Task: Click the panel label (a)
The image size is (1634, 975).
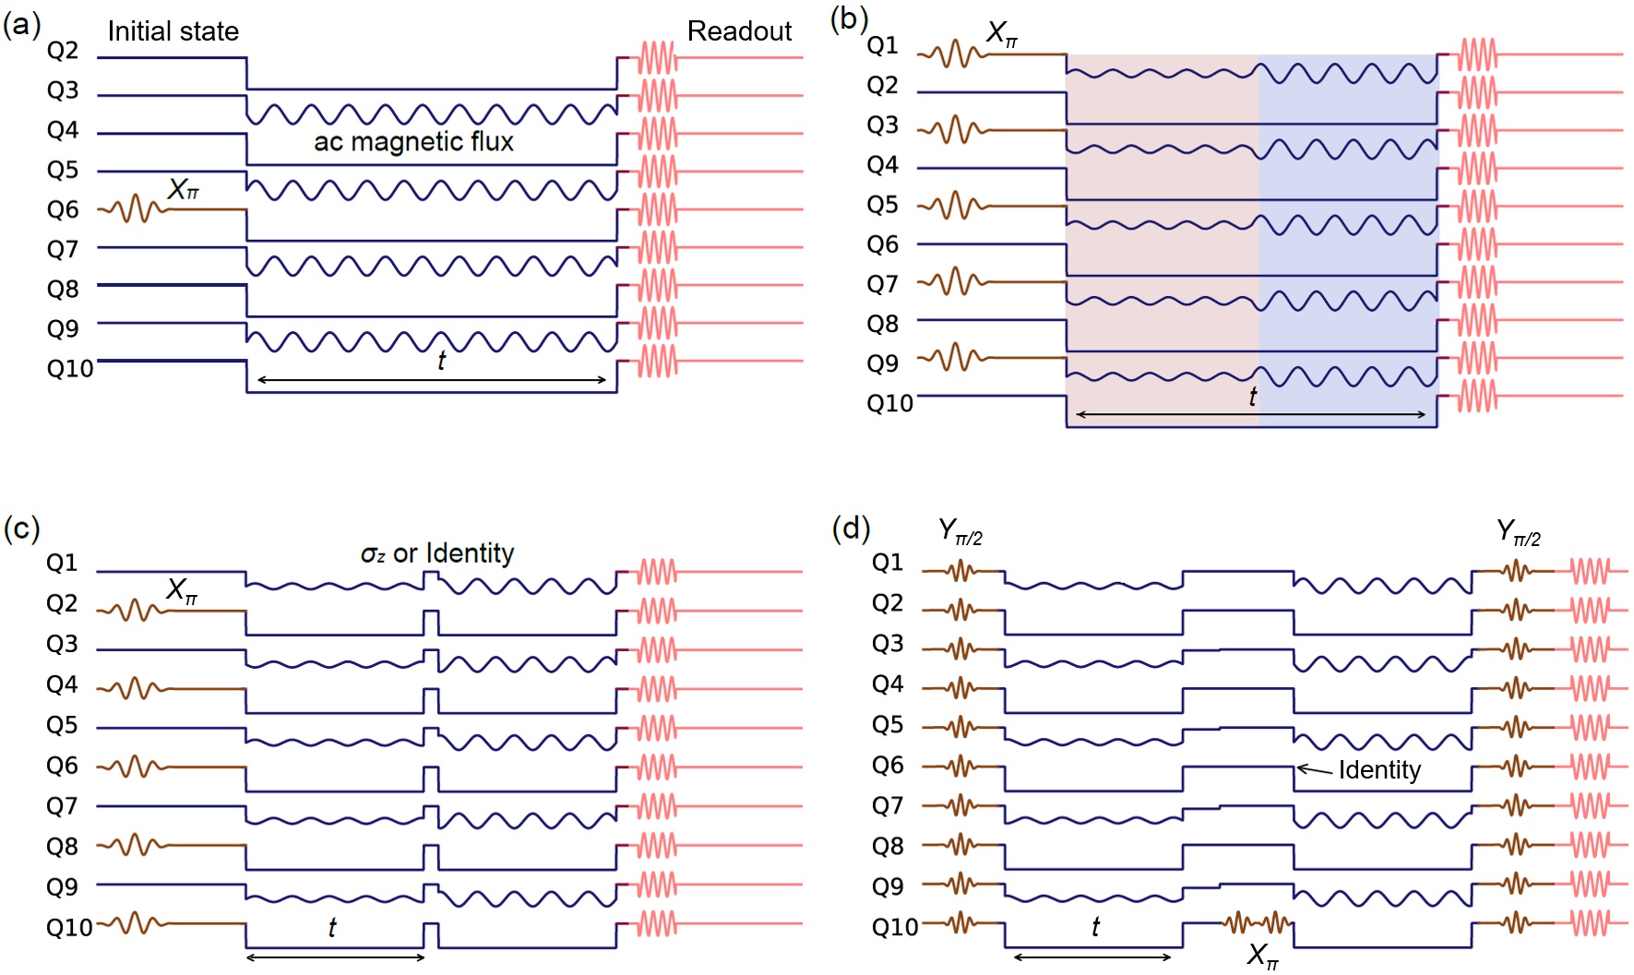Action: [x=21, y=25]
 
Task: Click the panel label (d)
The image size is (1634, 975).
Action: [x=850, y=529]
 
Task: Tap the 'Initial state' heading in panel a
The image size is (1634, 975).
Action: [x=173, y=31]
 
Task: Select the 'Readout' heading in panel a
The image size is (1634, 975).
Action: [x=739, y=31]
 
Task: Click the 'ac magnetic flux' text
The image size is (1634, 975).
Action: [x=413, y=142]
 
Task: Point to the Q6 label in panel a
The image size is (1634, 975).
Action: [x=63, y=210]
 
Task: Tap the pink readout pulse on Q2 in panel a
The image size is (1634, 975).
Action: [x=658, y=57]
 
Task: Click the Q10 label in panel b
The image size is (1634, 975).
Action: [x=889, y=403]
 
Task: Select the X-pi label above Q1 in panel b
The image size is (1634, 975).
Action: [x=1002, y=35]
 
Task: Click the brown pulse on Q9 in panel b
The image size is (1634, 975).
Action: [x=953, y=357]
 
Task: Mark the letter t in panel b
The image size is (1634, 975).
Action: [x=1252, y=397]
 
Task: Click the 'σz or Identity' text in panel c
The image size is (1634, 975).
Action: [x=436, y=553]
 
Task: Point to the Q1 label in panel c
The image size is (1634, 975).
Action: [x=62, y=563]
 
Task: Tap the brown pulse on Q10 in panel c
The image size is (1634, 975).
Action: [x=135, y=922]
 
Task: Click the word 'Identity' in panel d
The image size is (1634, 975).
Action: [x=1379, y=770]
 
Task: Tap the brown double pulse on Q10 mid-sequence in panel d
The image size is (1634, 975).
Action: [x=1257, y=921]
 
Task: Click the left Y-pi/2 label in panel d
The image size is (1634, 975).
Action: [x=960, y=532]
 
